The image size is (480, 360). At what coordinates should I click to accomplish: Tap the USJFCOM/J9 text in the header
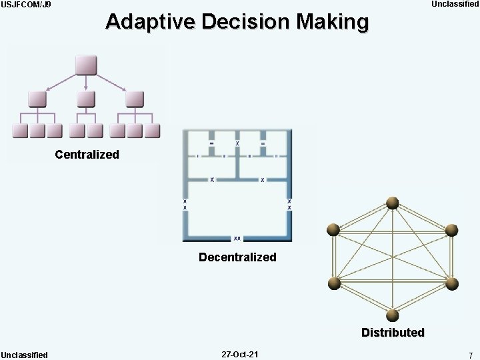[26, 5]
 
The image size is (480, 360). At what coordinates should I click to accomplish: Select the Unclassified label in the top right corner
[455, 5]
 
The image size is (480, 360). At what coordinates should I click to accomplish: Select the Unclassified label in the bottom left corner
[25, 355]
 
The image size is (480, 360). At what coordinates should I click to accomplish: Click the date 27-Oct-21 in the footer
[240, 355]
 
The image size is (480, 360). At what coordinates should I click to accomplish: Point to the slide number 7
[471, 355]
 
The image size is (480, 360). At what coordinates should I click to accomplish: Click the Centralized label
[87, 155]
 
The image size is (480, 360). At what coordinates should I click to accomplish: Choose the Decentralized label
[237, 257]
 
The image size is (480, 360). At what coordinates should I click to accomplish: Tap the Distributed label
[393, 332]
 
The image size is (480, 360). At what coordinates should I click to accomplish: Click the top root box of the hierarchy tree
[87, 65]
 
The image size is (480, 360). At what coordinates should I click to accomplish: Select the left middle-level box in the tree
[37, 99]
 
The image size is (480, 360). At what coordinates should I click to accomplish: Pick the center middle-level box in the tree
[87, 99]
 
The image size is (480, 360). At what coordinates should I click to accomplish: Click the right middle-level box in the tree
[135, 99]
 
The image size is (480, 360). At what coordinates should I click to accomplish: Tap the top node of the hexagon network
[393, 203]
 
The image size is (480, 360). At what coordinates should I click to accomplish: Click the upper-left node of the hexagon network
[333, 231]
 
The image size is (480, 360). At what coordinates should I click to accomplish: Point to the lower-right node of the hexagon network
[451, 284]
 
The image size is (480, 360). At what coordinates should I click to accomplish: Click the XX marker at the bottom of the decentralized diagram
[237, 238]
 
